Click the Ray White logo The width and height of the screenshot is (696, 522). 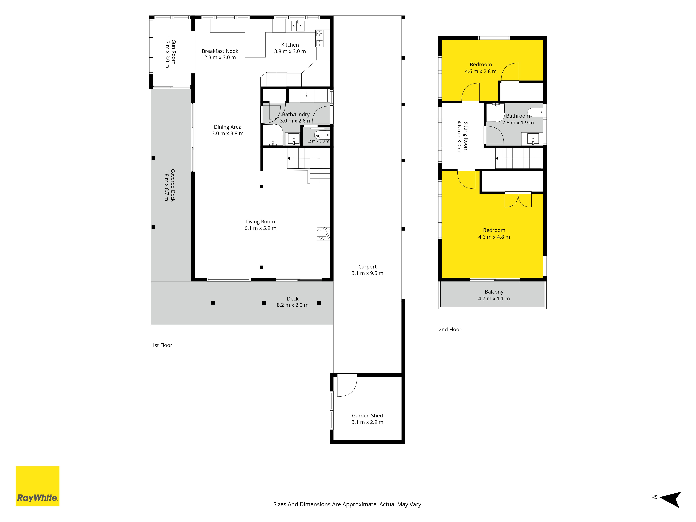pos(37,486)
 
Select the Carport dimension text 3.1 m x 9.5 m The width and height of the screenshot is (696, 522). pos(367,273)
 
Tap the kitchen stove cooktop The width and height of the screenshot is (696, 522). pos(319,38)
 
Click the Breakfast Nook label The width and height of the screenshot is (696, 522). pos(220,51)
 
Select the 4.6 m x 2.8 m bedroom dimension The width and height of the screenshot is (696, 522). pos(481,71)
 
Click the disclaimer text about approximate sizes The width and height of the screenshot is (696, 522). pos(348,504)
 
